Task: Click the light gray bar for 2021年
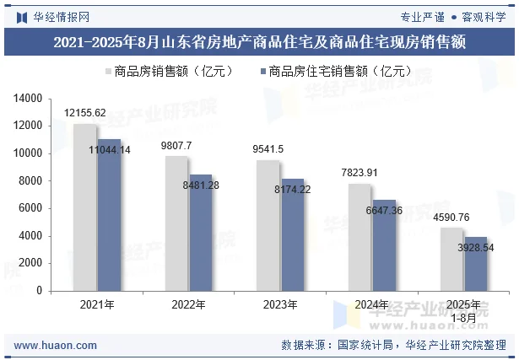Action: point(84,207)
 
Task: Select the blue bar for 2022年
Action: point(201,232)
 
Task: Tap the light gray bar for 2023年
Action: point(268,225)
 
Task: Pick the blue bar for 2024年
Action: point(384,244)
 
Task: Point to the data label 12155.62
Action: point(85,113)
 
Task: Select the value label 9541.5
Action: point(268,149)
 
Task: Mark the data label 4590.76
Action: point(451,218)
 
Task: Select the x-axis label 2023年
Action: point(280,304)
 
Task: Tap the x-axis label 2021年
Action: point(96,304)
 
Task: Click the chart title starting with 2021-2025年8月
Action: point(259,41)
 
